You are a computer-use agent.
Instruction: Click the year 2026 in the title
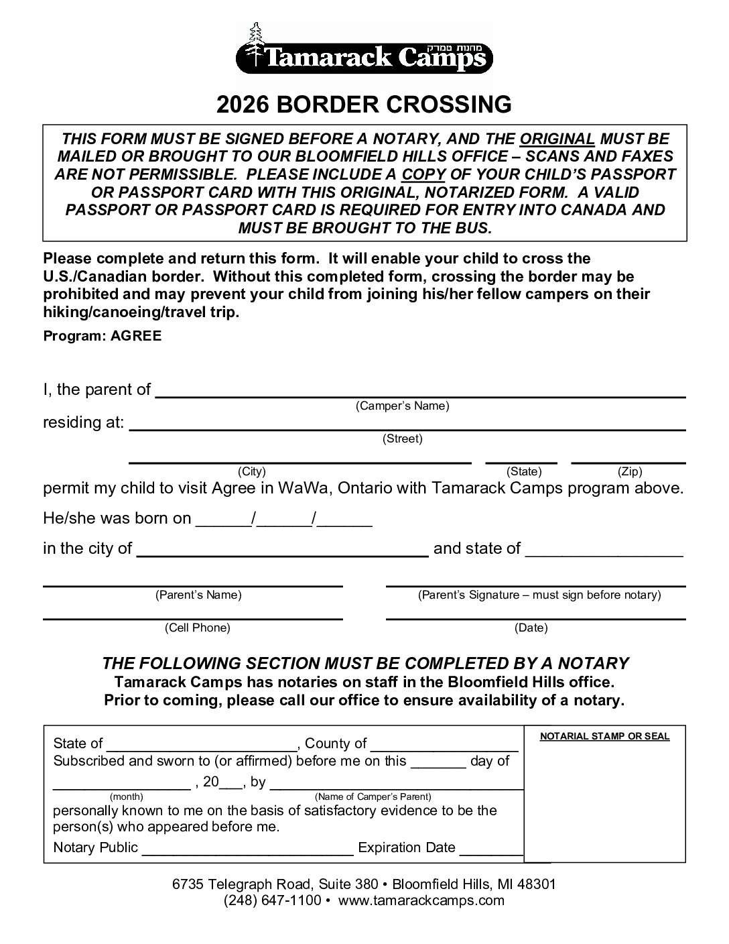click(x=243, y=105)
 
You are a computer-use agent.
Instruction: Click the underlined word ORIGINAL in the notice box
click(x=557, y=139)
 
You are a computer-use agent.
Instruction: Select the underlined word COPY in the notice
click(x=423, y=174)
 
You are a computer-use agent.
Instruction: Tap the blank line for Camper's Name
click(x=420, y=394)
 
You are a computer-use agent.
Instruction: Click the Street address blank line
click(x=407, y=427)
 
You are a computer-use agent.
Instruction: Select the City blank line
click(x=300, y=461)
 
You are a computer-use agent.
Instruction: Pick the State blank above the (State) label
click(x=521, y=461)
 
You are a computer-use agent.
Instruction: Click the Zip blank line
click(x=628, y=461)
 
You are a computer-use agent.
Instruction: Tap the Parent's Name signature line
click(x=193, y=584)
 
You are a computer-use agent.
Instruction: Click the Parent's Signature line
click(x=535, y=584)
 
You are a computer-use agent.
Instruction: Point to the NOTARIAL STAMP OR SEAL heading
click(x=604, y=736)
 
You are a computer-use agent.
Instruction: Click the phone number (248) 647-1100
click(x=273, y=900)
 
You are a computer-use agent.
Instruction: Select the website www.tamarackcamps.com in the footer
click(x=421, y=900)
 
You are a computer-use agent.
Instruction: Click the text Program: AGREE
click(x=103, y=336)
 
